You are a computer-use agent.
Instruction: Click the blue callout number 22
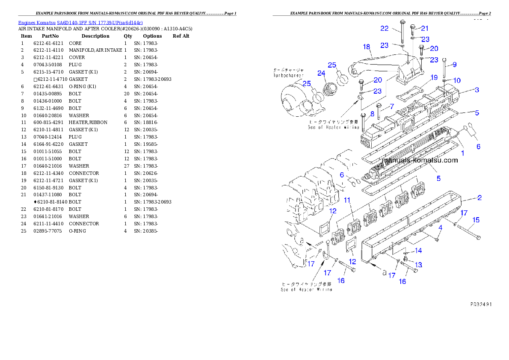coord(384,28)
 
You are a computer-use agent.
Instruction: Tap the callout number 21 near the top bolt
coord(424,28)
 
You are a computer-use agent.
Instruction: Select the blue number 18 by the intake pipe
coord(367,47)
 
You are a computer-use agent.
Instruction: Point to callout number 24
coord(321,73)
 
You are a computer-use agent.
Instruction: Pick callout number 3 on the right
coord(476,90)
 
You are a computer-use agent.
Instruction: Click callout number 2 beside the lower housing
coord(479,198)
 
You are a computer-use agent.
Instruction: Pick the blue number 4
coord(440,229)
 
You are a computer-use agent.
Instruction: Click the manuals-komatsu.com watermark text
coord(420,160)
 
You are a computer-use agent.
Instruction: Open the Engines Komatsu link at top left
coord(80,22)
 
